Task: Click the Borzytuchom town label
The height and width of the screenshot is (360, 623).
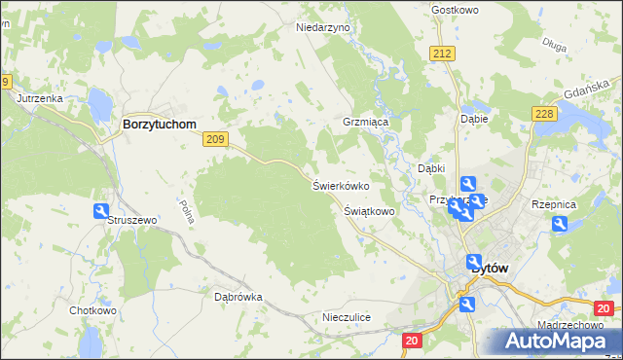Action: [x=159, y=125]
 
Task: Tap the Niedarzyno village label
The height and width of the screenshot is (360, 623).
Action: [x=322, y=28]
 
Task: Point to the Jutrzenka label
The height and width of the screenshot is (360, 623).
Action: [x=40, y=98]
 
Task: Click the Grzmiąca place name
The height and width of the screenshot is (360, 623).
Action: [x=365, y=124]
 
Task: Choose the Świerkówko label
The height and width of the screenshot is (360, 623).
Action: [x=340, y=184]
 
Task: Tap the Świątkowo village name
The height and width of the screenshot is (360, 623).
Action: [x=369, y=210]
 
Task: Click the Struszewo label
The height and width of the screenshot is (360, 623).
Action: [x=131, y=221]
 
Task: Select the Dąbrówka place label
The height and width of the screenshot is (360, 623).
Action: [x=238, y=297]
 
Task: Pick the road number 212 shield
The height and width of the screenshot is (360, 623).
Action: [x=444, y=53]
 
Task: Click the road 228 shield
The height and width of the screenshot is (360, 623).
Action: [x=544, y=115]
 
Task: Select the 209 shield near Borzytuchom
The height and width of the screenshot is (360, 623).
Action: [x=216, y=140]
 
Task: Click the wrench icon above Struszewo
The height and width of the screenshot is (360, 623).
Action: [x=101, y=210]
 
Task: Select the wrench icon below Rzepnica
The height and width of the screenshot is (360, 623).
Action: [x=560, y=224]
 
